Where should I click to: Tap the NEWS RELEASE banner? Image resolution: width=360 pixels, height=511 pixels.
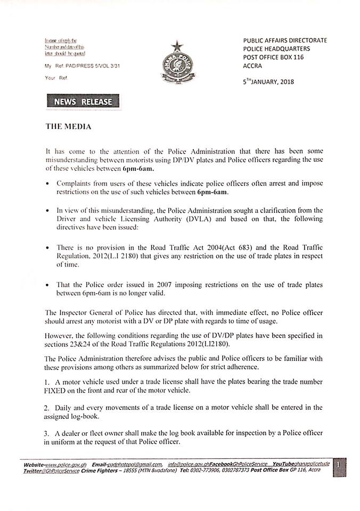click(83, 102)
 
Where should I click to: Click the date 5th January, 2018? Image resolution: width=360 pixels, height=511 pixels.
click(268, 81)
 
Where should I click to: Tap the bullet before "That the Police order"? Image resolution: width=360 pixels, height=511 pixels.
click(49, 286)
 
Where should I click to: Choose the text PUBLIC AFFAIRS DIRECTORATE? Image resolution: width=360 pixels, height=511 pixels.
click(285, 40)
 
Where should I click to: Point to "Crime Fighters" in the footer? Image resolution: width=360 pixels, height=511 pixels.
click(100, 471)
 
